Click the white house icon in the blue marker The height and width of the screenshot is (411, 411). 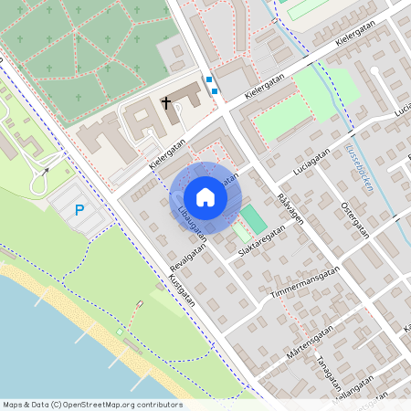click(x=205, y=197)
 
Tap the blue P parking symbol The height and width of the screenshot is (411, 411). click(x=79, y=210)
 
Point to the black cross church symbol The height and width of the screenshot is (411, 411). click(x=167, y=103)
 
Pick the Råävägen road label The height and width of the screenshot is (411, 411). click(x=290, y=211)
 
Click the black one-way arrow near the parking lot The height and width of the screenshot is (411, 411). click(x=43, y=169)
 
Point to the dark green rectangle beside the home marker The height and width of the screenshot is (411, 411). click(x=253, y=218)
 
